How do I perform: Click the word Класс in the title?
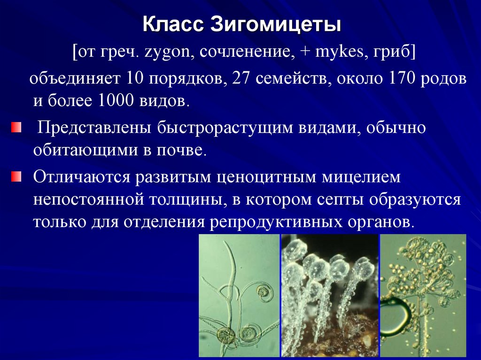click(x=171, y=25)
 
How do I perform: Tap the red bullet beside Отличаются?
click(x=16, y=176)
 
